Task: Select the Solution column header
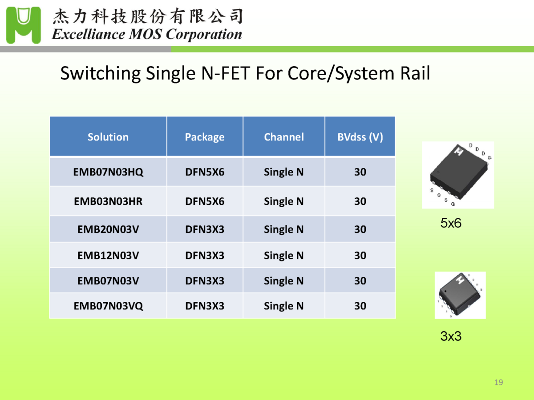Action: [x=108, y=137]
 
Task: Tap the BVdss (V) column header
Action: [x=360, y=137]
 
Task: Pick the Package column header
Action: [x=205, y=137]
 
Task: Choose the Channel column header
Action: [x=284, y=137]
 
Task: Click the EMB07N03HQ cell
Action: [x=108, y=172]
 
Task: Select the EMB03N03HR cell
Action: [x=108, y=201]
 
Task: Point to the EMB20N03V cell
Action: [x=108, y=229]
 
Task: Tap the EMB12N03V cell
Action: [x=108, y=256]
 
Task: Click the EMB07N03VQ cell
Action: [x=108, y=306]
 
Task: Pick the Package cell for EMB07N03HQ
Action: [x=205, y=172]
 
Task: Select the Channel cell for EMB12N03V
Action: [x=284, y=256]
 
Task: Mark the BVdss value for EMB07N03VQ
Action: [x=360, y=306]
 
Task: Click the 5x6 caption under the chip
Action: [x=451, y=224]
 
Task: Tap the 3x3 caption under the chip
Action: [x=451, y=336]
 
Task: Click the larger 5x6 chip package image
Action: [x=458, y=175]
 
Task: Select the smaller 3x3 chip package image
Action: [x=460, y=295]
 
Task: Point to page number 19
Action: [x=499, y=383]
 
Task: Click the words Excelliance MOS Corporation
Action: [x=147, y=35]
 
